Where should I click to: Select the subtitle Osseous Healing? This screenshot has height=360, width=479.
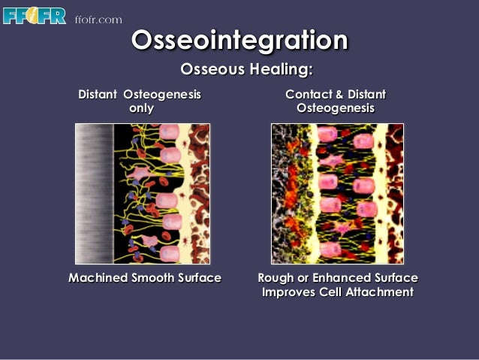(x=246, y=70)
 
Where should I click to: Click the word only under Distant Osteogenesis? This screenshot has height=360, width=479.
(x=141, y=108)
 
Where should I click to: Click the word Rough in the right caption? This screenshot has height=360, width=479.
(x=274, y=278)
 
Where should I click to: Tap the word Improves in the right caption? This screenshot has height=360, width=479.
(x=290, y=292)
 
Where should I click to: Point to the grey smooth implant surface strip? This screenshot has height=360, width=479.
(x=93, y=193)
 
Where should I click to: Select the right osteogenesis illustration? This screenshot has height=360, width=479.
(x=337, y=193)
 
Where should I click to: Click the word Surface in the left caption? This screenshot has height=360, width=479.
(x=198, y=278)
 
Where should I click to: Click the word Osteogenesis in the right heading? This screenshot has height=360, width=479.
(x=335, y=108)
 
